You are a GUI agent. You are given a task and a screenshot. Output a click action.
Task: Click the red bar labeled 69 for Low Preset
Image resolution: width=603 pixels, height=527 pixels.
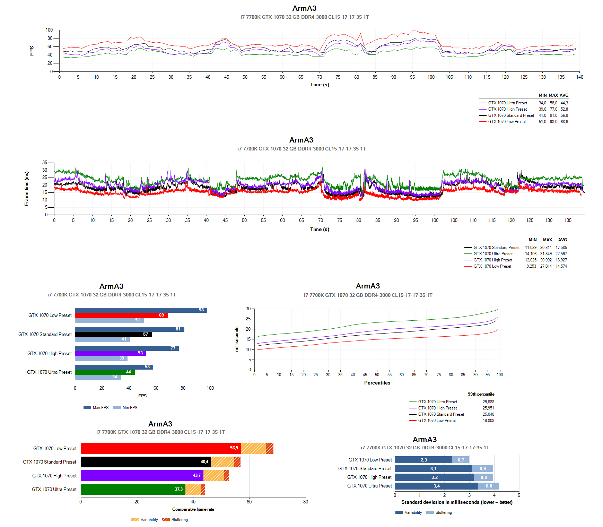click(x=121, y=315)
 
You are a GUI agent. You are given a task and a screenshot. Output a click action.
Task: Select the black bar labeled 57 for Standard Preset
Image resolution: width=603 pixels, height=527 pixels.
click(x=113, y=334)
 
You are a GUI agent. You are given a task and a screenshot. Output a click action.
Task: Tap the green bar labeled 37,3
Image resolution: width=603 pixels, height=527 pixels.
click(x=133, y=489)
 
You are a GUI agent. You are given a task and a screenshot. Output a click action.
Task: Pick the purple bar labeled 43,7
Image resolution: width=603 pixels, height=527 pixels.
click(x=142, y=475)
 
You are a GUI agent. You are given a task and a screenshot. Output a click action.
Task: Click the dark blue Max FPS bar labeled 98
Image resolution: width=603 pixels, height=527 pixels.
click(x=141, y=310)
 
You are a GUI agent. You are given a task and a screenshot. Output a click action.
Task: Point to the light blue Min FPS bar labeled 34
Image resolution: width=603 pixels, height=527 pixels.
click(x=98, y=377)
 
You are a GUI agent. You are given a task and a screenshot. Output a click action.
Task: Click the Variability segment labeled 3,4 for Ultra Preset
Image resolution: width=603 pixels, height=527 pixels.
click(x=436, y=486)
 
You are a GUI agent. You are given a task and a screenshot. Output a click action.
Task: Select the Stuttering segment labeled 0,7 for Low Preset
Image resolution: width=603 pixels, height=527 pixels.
click(x=461, y=460)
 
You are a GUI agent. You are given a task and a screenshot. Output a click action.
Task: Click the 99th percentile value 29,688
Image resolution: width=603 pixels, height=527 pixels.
click(x=488, y=402)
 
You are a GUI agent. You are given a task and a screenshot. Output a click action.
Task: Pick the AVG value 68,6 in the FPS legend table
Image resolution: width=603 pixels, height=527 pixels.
click(x=564, y=122)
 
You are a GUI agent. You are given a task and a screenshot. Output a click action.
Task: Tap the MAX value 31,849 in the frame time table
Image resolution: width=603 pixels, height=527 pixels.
click(x=546, y=254)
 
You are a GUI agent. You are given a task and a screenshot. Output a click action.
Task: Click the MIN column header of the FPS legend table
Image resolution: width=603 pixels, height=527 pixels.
click(x=543, y=95)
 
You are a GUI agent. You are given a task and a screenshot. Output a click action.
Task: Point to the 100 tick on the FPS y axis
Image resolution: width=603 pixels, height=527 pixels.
click(x=49, y=30)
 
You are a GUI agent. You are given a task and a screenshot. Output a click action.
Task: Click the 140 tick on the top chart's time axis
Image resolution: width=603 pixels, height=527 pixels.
click(x=579, y=77)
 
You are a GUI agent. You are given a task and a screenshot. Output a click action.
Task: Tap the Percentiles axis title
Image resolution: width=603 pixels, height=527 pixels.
click(x=377, y=383)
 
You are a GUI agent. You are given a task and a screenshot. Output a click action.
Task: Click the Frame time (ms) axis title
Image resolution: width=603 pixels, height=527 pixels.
click(x=27, y=189)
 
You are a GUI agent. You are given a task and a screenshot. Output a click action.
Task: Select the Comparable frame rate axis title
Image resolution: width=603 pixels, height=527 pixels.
click(x=193, y=509)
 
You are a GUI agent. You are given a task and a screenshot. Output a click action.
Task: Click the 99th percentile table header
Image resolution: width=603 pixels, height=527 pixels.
click(x=481, y=394)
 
